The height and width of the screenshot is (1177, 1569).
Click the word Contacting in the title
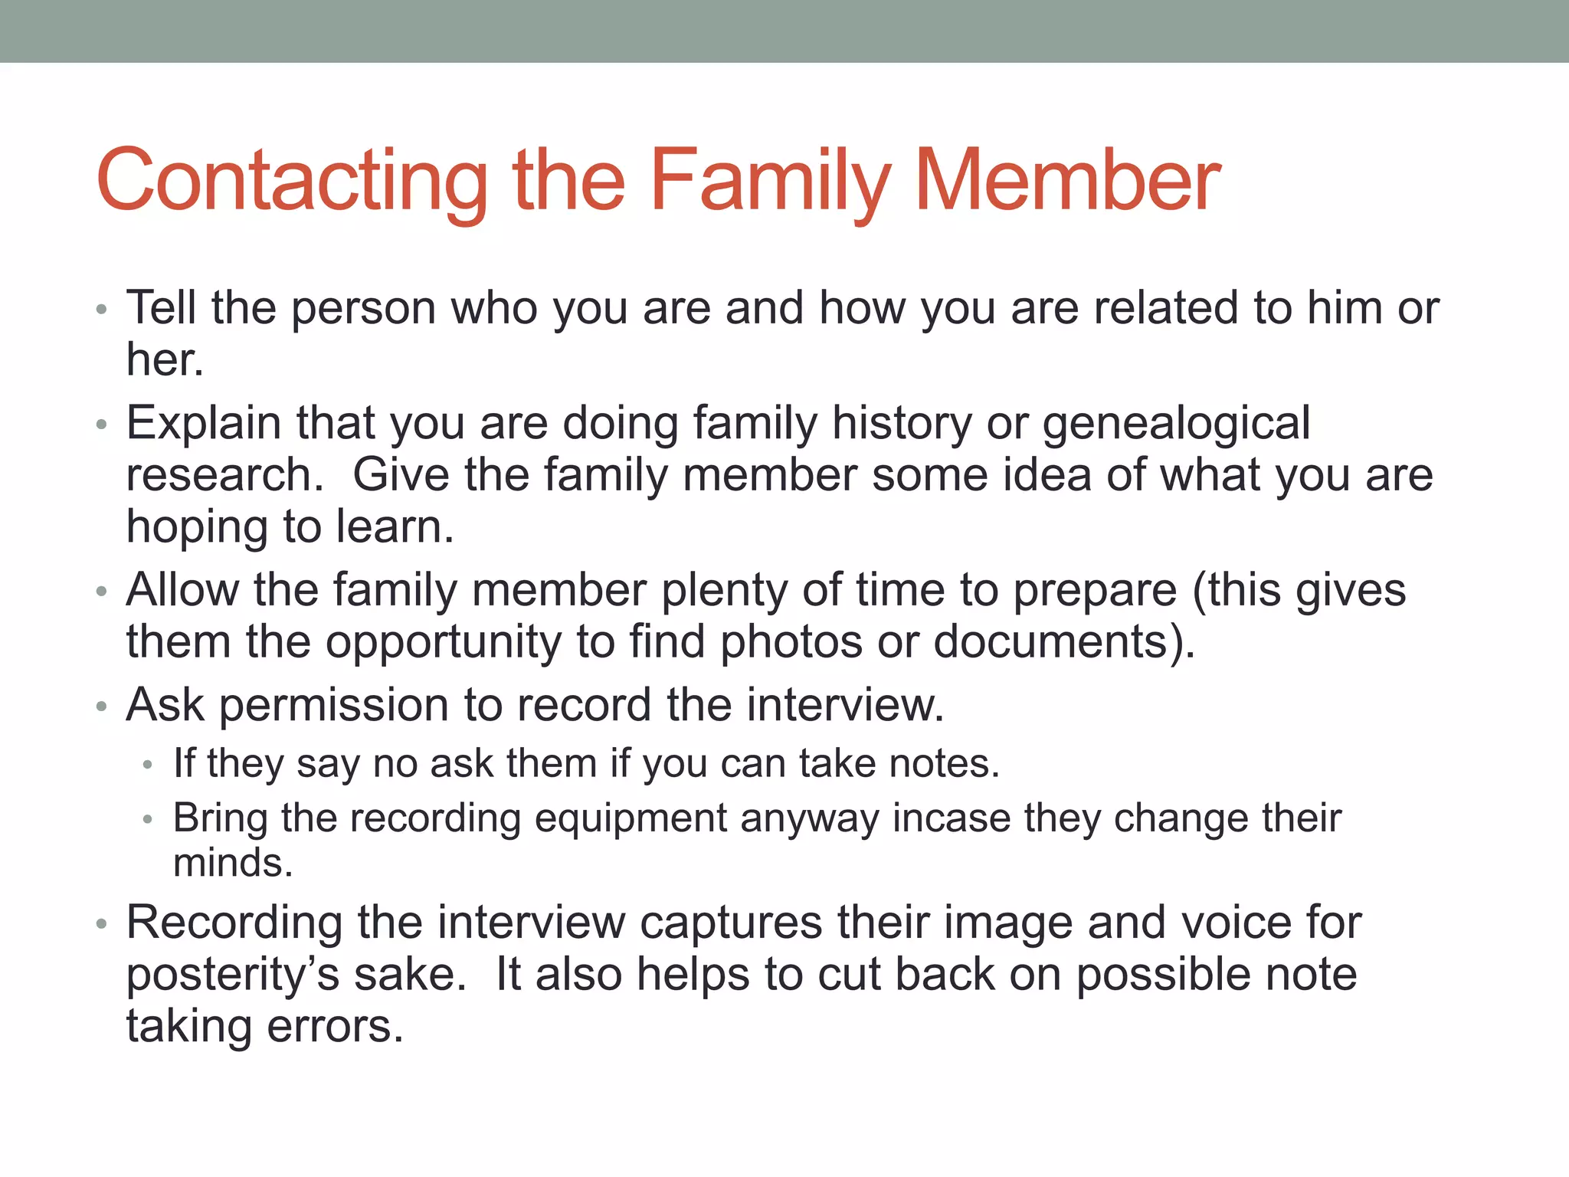[x=291, y=182]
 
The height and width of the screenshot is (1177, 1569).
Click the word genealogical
[x=1176, y=424]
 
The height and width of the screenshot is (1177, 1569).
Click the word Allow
[x=182, y=590]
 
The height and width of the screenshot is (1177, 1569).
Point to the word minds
[x=232, y=863]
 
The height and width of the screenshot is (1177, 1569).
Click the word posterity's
[x=232, y=975]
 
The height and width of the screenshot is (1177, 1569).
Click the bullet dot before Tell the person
[x=101, y=310]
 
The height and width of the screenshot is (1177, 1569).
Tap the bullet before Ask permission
[x=101, y=707]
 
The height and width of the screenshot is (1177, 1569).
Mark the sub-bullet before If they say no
[x=148, y=766]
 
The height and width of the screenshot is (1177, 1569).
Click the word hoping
[x=197, y=528]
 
